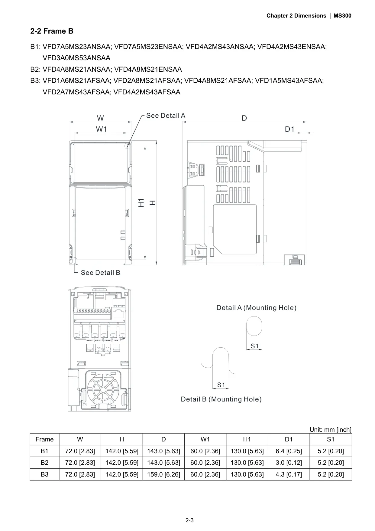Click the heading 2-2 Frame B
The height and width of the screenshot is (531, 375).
tap(52, 31)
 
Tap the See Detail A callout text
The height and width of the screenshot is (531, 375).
tap(166, 116)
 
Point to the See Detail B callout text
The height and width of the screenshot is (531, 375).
tap(100, 273)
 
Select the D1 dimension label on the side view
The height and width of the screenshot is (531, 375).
tap(289, 129)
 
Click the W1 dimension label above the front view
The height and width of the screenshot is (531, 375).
tap(102, 129)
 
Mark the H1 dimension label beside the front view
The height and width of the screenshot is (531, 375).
tap(141, 203)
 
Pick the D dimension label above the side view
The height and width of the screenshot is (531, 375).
tap(244, 118)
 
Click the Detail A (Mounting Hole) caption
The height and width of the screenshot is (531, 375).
tap(256, 308)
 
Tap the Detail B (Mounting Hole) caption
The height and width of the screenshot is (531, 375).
tap(221, 399)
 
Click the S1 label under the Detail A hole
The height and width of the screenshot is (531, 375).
tap(255, 346)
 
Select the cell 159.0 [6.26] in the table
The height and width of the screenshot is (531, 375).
tap(163, 474)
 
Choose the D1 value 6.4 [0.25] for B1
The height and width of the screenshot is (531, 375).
tap(289, 451)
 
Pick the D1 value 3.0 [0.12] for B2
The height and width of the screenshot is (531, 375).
tap(289, 463)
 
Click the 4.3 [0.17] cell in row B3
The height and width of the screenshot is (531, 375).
tap(289, 474)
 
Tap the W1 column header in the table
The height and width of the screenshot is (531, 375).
tap(205, 439)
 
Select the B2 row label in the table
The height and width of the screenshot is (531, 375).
tap(44, 463)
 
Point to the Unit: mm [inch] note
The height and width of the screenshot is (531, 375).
tap(330, 430)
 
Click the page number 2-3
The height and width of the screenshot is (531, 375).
tap(189, 520)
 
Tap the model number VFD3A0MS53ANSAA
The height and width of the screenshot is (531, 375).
tap(76, 58)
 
